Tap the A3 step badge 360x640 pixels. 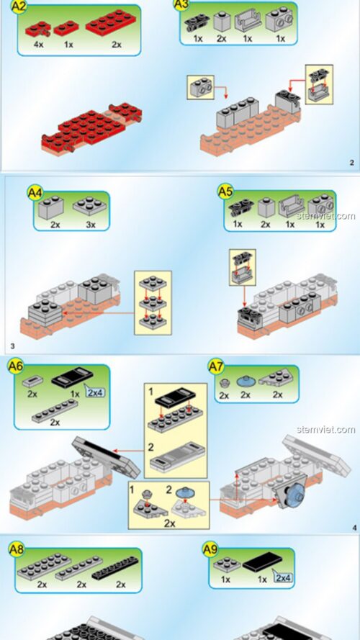click(183, 5)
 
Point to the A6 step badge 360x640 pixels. click(16, 366)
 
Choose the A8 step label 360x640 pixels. click(17, 550)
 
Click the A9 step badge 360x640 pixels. click(210, 550)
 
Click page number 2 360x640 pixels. click(351, 163)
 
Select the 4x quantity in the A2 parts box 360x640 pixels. click(39, 44)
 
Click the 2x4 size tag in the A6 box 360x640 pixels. click(95, 392)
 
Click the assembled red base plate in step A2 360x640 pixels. click(91, 128)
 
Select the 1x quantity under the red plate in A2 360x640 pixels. click(68, 44)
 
